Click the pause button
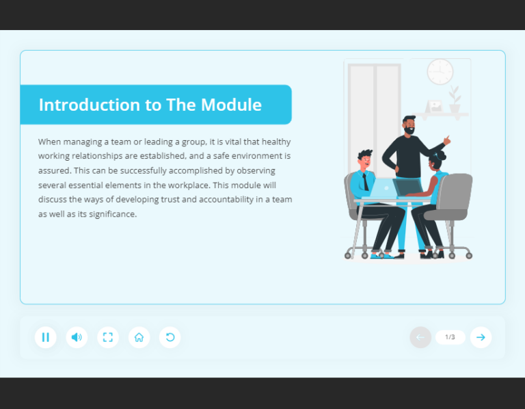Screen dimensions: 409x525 click(x=46, y=337)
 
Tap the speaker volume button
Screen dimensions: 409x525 click(x=77, y=337)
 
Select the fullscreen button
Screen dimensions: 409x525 click(x=108, y=337)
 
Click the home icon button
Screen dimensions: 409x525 click(x=139, y=337)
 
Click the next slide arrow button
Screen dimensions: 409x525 click(x=481, y=337)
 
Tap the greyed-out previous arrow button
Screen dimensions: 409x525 click(x=420, y=337)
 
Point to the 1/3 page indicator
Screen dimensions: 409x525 click(x=450, y=337)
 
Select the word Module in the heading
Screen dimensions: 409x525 click(x=231, y=105)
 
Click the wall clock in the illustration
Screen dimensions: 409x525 click(x=440, y=72)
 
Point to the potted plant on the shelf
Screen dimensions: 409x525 click(x=455, y=100)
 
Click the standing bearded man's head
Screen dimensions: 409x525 click(x=409, y=126)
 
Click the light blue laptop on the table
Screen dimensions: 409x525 click(x=383, y=188)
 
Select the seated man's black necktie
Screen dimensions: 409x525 click(x=366, y=182)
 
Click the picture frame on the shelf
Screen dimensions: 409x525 click(x=434, y=107)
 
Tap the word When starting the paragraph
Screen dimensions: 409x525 click(x=49, y=142)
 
